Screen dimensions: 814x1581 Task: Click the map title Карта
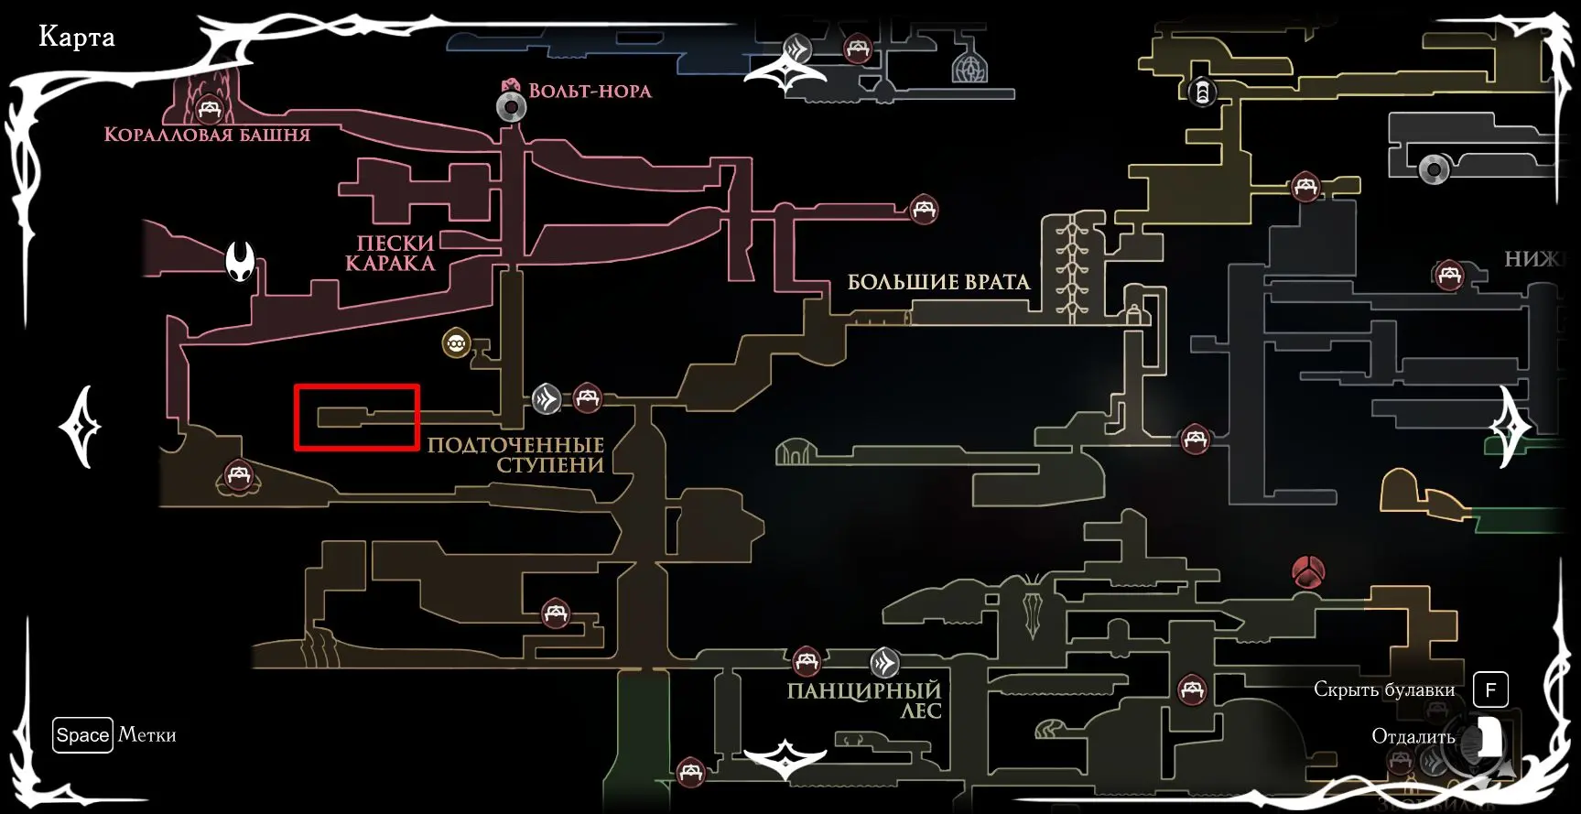click(x=77, y=38)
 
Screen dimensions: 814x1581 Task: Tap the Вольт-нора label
click(x=590, y=92)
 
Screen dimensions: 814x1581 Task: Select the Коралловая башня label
click(x=207, y=135)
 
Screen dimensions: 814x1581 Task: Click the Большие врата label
click(x=938, y=282)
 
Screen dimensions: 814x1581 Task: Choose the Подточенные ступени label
click(x=515, y=455)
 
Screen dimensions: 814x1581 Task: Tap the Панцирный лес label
click(x=864, y=700)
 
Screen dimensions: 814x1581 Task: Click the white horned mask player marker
click(x=241, y=262)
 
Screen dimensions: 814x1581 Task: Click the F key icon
click(x=1490, y=689)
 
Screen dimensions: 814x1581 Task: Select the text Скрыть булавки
click(x=1383, y=689)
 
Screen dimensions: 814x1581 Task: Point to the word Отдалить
click(x=1413, y=737)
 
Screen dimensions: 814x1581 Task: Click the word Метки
click(x=146, y=734)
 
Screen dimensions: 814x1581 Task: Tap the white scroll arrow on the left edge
click(x=81, y=427)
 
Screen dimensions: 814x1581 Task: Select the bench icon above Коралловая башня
click(x=211, y=110)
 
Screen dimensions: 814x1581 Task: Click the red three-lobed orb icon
click(x=1308, y=573)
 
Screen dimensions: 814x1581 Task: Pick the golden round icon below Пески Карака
click(x=456, y=344)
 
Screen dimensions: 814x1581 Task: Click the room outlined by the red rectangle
click(x=355, y=418)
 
